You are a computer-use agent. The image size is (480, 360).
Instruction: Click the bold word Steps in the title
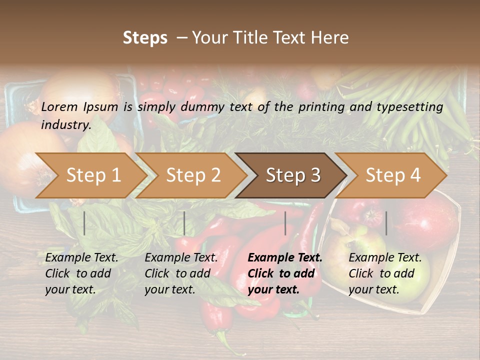click(x=145, y=38)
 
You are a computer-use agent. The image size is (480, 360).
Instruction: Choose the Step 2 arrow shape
click(x=193, y=175)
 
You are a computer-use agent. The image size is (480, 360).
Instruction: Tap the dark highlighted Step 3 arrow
click(x=293, y=175)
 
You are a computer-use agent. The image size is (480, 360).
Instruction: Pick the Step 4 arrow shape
click(x=393, y=175)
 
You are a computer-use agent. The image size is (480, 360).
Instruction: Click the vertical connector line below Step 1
click(x=84, y=223)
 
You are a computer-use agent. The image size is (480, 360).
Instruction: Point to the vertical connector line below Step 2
click(x=184, y=223)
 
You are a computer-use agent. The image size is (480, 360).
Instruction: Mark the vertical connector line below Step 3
click(x=285, y=223)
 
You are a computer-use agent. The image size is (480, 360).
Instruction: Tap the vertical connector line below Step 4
click(x=386, y=223)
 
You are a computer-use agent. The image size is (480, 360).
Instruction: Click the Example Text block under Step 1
click(x=81, y=273)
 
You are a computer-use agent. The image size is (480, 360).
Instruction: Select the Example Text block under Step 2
click(x=181, y=273)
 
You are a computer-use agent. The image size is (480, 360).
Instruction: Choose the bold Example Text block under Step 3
click(x=285, y=273)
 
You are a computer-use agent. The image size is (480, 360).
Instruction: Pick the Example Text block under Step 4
click(x=385, y=273)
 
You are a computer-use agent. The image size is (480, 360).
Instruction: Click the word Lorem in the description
click(x=59, y=107)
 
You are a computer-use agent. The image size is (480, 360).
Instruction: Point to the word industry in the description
click(x=66, y=125)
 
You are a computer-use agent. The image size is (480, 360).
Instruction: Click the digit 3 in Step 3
click(x=314, y=175)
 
